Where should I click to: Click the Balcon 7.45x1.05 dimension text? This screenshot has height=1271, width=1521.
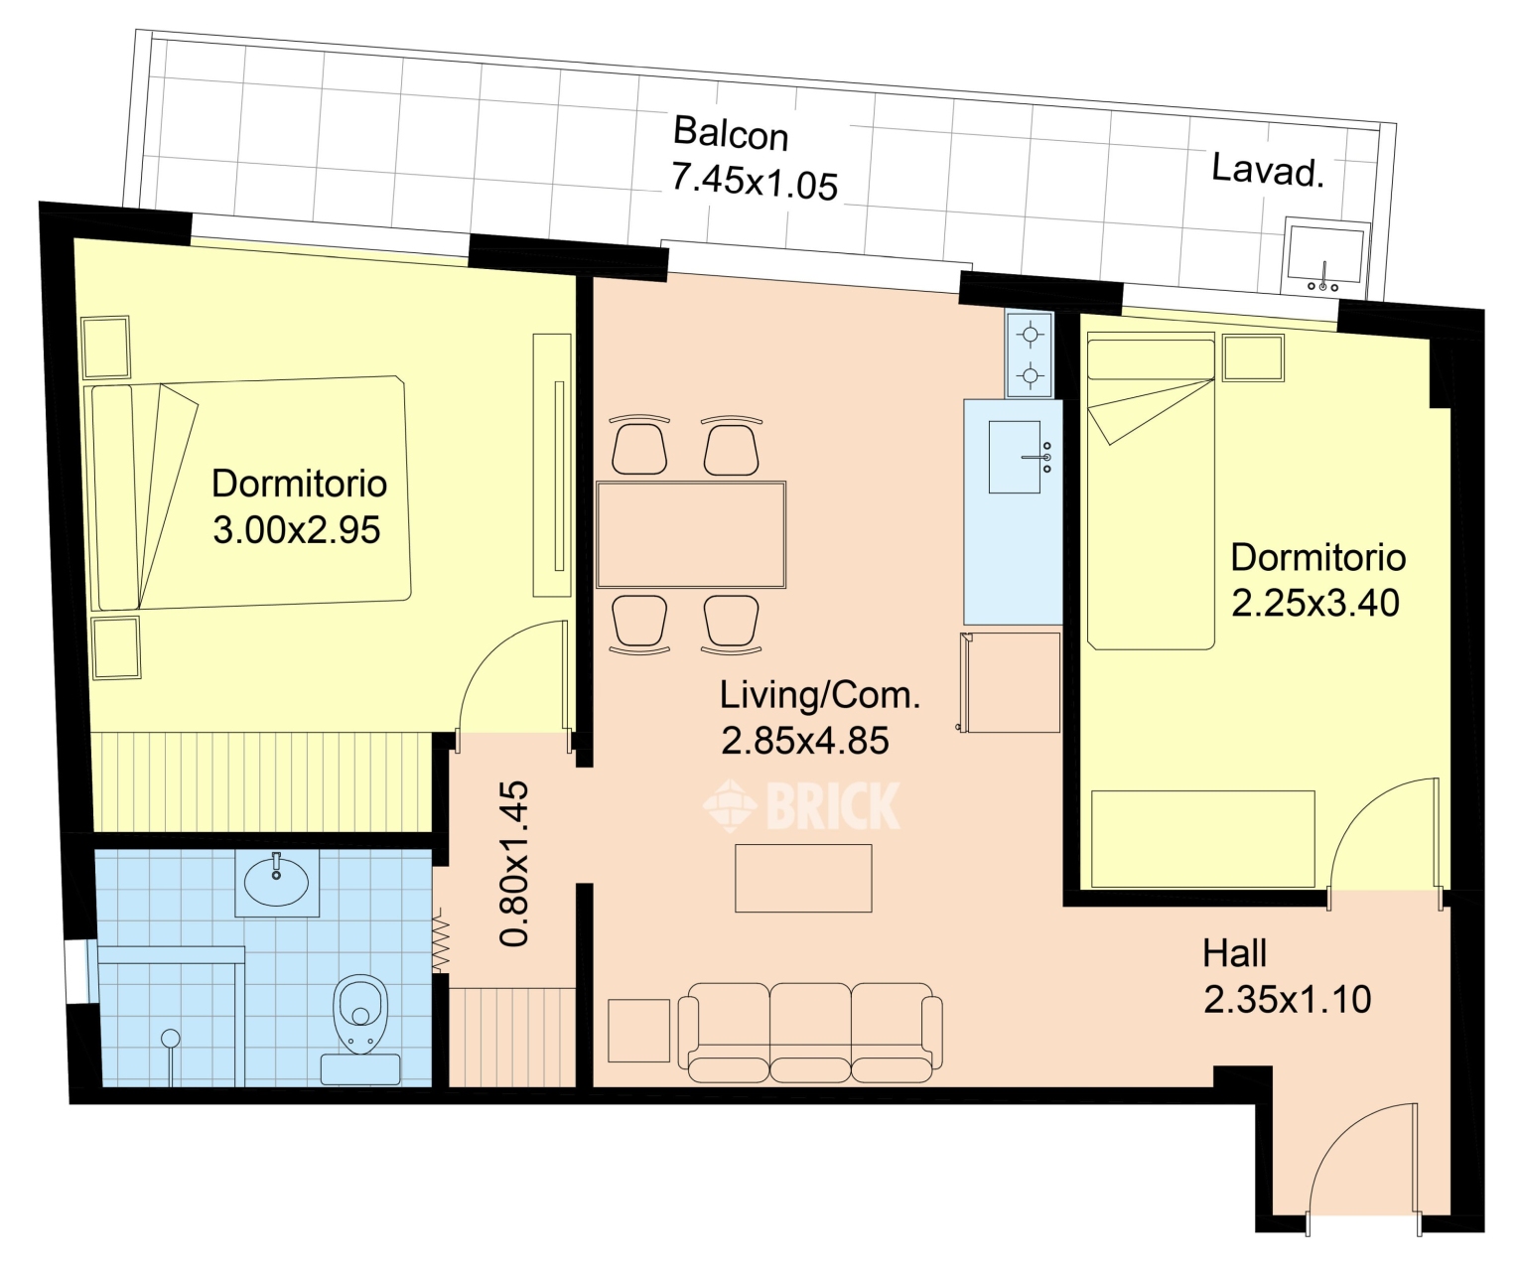tap(755, 158)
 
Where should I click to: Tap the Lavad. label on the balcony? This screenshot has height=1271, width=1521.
tap(1268, 170)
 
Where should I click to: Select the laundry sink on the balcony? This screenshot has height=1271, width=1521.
tap(1325, 255)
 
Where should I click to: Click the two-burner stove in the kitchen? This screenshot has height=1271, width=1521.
tap(1030, 354)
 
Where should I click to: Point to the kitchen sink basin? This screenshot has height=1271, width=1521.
tap(1014, 457)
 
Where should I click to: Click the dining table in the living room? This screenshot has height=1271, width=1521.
tap(691, 534)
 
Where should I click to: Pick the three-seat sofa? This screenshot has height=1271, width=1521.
tap(810, 1033)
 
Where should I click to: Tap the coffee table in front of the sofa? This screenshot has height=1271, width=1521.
tap(803, 878)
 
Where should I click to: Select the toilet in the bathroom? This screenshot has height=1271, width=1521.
tap(360, 1021)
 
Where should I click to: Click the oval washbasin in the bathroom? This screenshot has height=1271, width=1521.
tap(276, 883)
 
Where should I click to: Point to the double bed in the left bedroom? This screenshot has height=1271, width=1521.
tap(247, 494)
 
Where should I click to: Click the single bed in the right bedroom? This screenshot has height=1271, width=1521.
tap(1151, 491)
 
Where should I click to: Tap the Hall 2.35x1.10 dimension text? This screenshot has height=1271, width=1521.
tap(1287, 976)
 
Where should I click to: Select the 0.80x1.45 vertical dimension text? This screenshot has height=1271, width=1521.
tap(515, 864)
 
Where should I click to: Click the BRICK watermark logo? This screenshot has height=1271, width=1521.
tap(801, 805)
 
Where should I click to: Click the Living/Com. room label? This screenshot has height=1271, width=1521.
tap(820, 695)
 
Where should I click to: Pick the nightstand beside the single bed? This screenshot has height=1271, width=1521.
tap(1253, 357)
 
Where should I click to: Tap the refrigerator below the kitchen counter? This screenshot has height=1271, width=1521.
tap(1011, 683)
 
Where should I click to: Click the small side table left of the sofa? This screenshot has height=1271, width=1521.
tap(638, 1031)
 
